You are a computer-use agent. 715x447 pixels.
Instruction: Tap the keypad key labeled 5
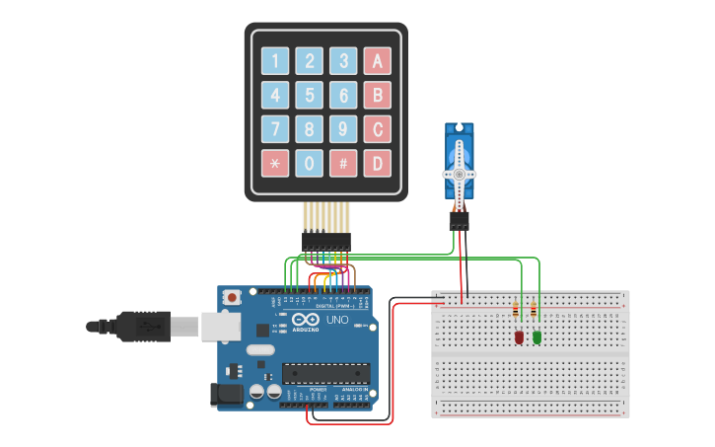pyautogui.click(x=310, y=96)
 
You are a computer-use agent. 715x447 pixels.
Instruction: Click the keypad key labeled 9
pyautogui.click(x=343, y=129)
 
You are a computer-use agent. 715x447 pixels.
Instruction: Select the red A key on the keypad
pyautogui.click(x=377, y=61)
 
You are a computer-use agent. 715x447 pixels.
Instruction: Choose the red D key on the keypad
pyautogui.click(x=377, y=163)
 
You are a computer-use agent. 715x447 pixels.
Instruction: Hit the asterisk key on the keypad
pyautogui.click(x=275, y=163)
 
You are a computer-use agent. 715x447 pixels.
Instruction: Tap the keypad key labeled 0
pyautogui.click(x=310, y=163)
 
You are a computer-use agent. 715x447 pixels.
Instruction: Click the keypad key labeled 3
pyautogui.click(x=343, y=61)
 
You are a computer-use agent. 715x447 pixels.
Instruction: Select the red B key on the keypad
pyautogui.click(x=377, y=96)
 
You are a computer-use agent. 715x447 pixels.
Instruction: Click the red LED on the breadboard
pyautogui.click(x=519, y=337)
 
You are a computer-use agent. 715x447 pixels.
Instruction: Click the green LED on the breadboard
pyautogui.click(x=537, y=337)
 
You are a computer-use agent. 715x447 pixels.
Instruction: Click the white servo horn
pyautogui.click(x=460, y=174)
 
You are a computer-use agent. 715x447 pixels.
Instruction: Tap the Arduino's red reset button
pyautogui.click(x=232, y=297)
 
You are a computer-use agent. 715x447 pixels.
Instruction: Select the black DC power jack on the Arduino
pyautogui.click(x=227, y=395)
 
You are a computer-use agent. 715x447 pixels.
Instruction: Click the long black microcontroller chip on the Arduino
pyautogui.click(x=325, y=373)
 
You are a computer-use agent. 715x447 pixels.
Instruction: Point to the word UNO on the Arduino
pyautogui.click(x=337, y=320)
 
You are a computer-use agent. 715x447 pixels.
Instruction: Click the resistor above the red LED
pyautogui.click(x=516, y=311)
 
